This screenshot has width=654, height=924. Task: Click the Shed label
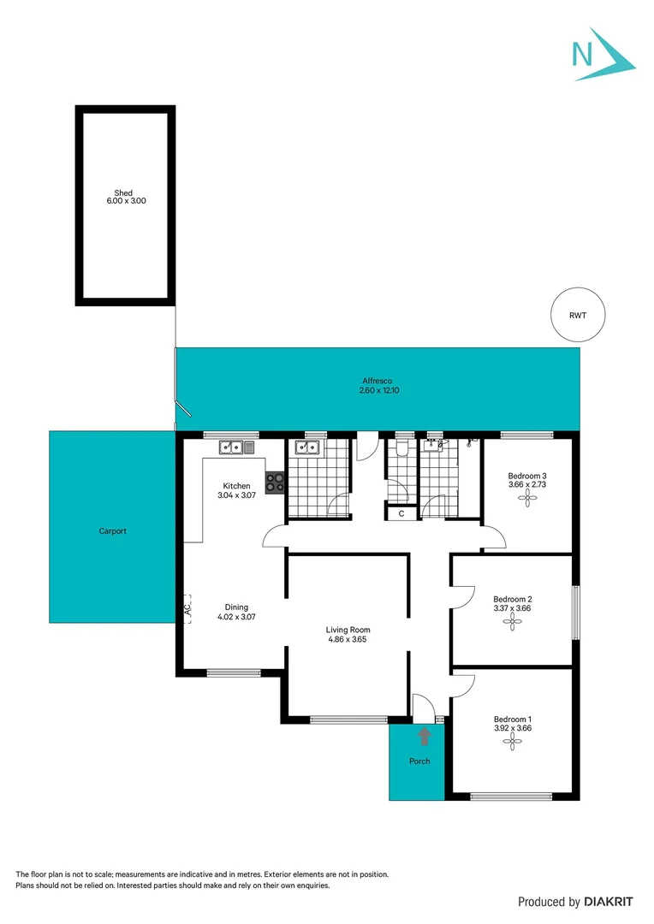[x=124, y=193]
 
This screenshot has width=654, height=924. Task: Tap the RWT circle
[x=578, y=316]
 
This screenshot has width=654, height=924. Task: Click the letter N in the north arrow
[x=583, y=55]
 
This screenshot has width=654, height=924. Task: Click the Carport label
[x=112, y=531]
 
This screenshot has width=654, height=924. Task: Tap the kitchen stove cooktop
[x=276, y=483]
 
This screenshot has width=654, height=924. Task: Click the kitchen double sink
[x=231, y=447]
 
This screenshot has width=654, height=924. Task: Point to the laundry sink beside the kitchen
[x=306, y=447]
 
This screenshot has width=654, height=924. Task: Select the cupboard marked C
[x=401, y=513]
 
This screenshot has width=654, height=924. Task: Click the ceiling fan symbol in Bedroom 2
[x=512, y=625]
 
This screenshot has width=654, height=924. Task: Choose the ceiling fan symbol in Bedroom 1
[x=512, y=744]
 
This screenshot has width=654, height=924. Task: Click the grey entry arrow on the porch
[x=423, y=735]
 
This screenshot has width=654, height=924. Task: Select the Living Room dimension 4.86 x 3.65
[x=348, y=639]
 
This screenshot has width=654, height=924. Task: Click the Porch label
[x=419, y=761]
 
